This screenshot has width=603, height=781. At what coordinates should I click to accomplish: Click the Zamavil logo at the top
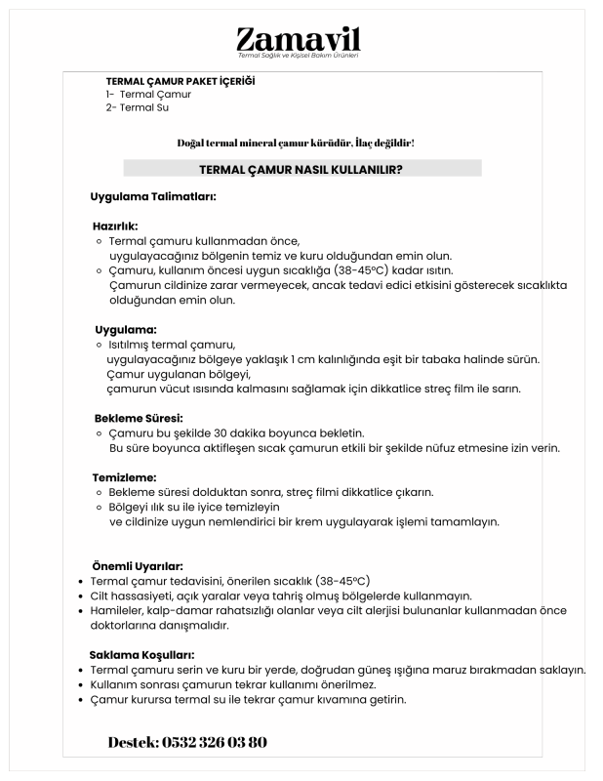[x=299, y=41]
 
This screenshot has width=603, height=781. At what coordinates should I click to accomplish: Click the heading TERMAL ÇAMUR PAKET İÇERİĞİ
[x=180, y=81]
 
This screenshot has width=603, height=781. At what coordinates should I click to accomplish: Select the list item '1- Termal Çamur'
[x=148, y=95]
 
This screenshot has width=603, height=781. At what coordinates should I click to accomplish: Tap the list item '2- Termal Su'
[x=137, y=107]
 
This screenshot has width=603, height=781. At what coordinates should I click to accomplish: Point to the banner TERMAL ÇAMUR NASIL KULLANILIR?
[x=301, y=169]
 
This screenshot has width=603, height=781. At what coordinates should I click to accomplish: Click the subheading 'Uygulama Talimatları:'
[x=152, y=196]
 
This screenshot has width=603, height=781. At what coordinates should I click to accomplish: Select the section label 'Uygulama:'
[x=126, y=329]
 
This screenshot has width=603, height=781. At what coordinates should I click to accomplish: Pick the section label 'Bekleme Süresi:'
[x=138, y=418]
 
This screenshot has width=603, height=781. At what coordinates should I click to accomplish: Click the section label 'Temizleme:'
[x=124, y=477]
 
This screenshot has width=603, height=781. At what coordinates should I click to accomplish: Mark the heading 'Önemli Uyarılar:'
[x=138, y=565]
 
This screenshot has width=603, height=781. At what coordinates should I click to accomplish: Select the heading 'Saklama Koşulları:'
[x=141, y=654]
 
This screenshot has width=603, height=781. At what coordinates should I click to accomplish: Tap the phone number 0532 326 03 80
[x=213, y=743]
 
